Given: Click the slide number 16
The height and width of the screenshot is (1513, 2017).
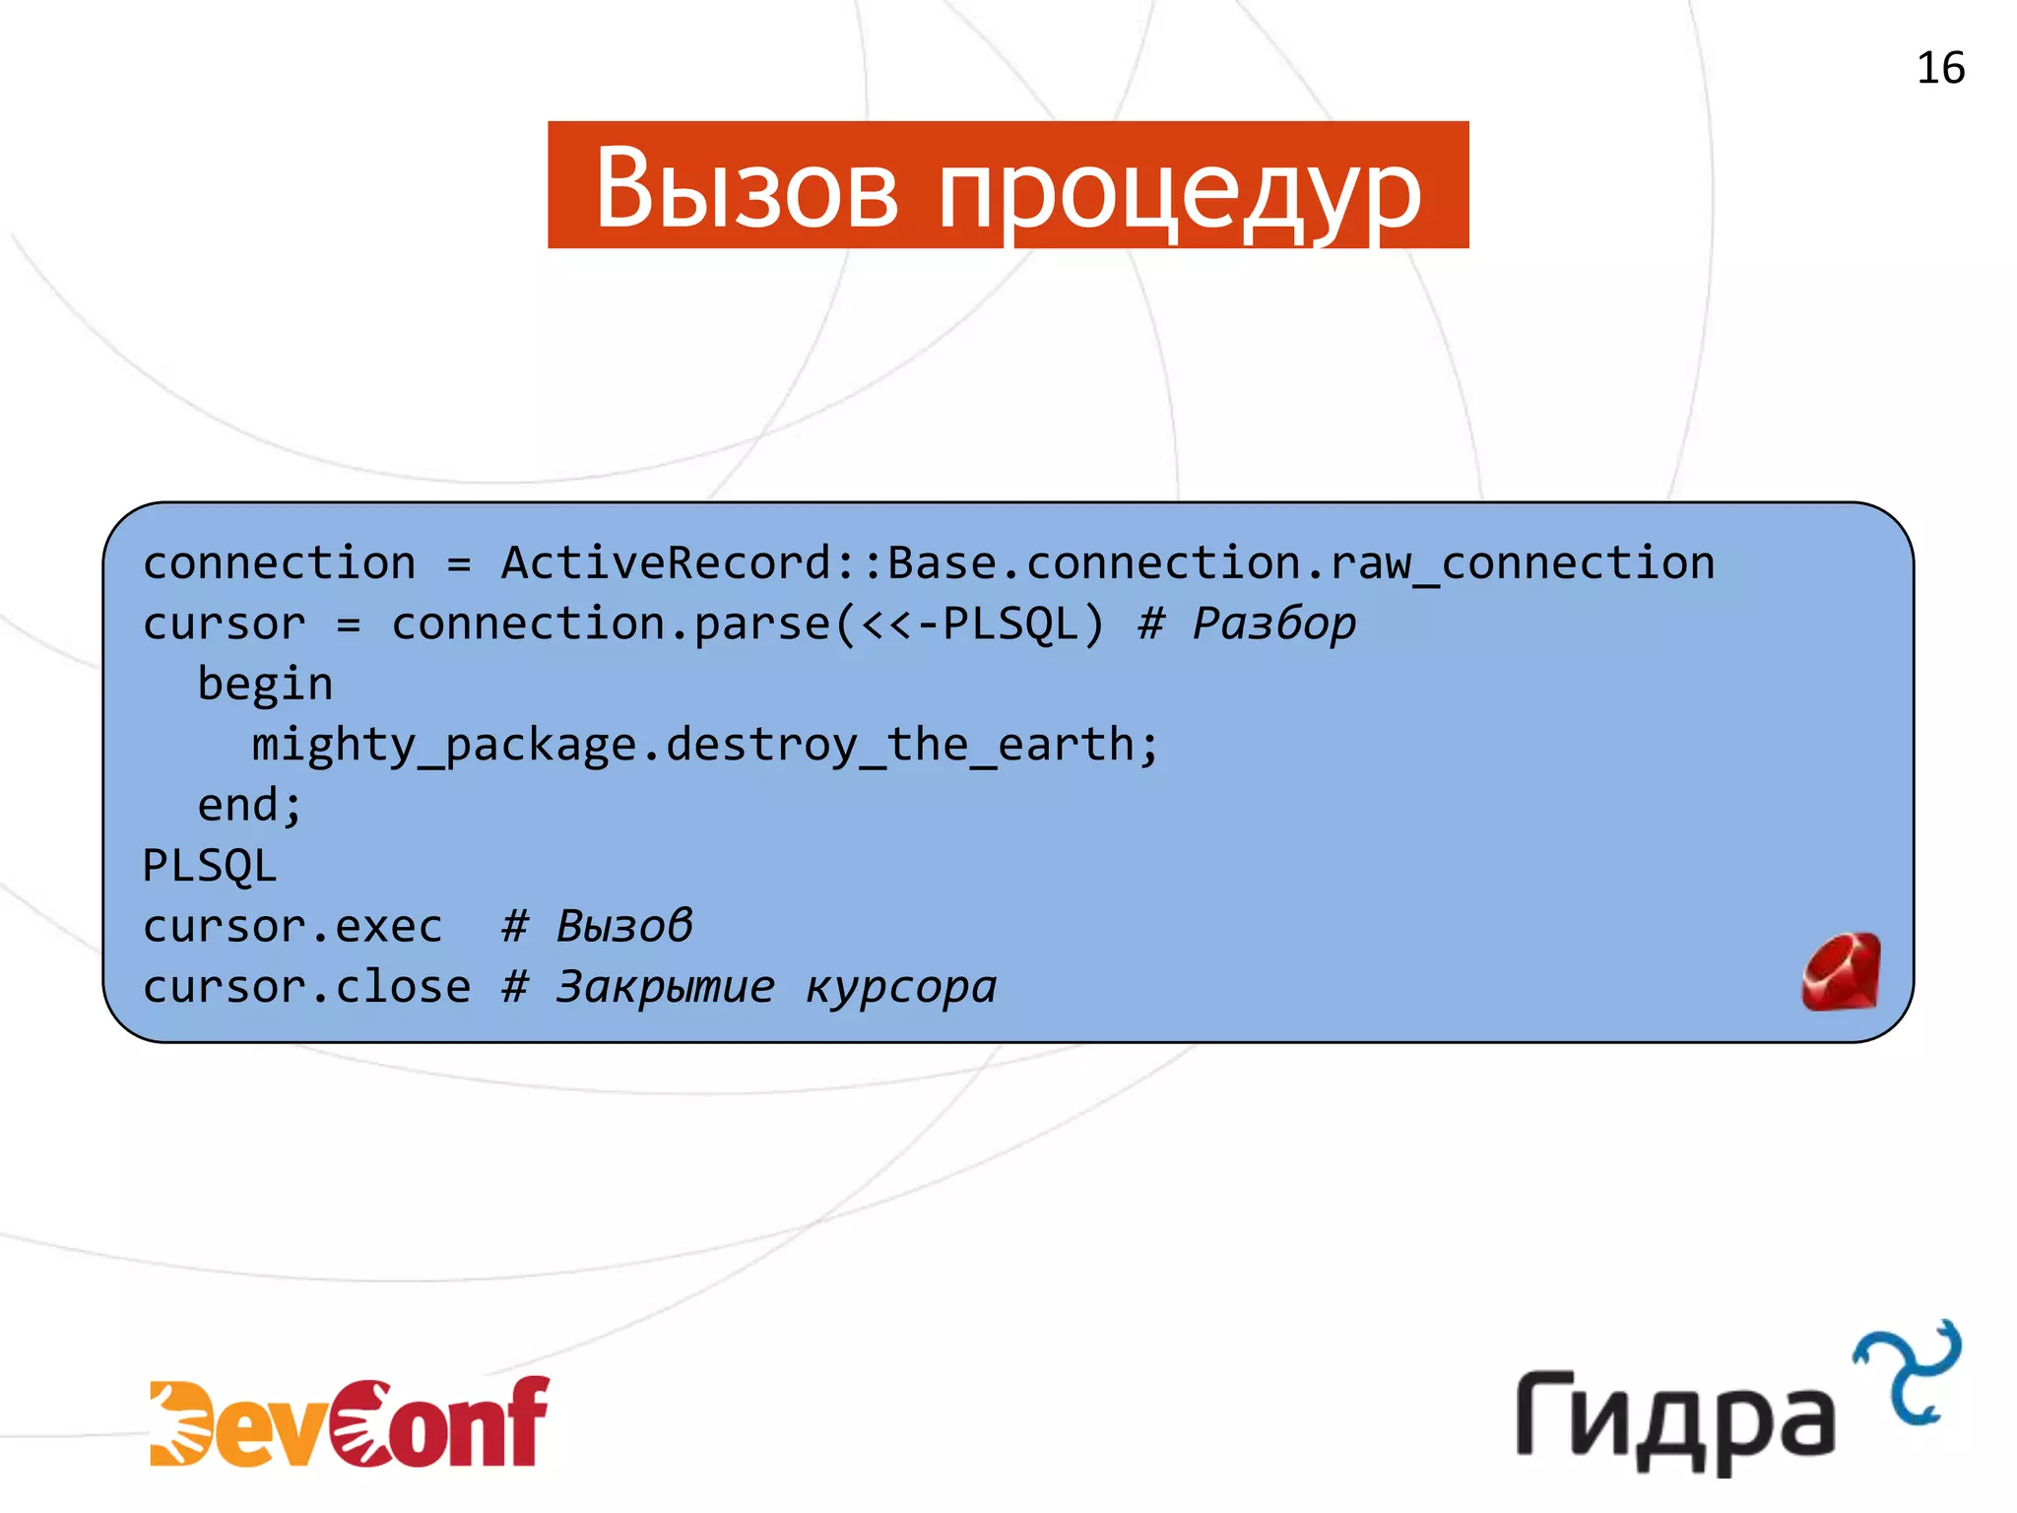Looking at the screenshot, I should pyautogui.click(x=1939, y=68).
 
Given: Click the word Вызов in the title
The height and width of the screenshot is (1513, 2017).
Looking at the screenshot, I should pyautogui.click(x=747, y=187).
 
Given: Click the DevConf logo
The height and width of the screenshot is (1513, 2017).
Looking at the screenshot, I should pyautogui.click(x=349, y=1421).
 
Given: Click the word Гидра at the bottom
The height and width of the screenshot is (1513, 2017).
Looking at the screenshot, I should pyautogui.click(x=1674, y=1418).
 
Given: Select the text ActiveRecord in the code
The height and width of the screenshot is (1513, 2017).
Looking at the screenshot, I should pyautogui.click(x=668, y=563).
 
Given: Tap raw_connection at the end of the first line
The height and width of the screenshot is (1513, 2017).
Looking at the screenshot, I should pyautogui.click(x=1522, y=563).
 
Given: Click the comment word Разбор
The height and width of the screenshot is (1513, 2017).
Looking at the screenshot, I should pyautogui.click(x=1273, y=624).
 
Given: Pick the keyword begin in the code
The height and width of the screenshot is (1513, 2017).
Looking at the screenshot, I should pyautogui.click(x=265, y=685).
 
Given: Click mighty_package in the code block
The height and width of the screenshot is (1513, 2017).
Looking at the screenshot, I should pyautogui.click(x=444, y=745).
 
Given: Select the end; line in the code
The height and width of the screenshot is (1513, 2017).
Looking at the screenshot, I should pyautogui.click(x=249, y=806).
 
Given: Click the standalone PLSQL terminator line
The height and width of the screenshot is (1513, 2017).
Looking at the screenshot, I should pyautogui.click(x=210, y=866).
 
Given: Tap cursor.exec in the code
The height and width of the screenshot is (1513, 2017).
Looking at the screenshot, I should pyautogui.click(x=293, y=927).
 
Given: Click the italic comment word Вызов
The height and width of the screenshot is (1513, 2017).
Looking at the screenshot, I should pyautogui.click(x=624, y=927).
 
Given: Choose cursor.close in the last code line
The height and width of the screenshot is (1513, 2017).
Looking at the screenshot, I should pyautogui.click(x=306, y=987).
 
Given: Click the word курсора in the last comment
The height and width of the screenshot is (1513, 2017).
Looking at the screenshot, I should pyautogui.click(x=901, y=987).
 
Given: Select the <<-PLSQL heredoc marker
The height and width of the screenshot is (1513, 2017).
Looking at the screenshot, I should pyautogui.click(x=970, y=624).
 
